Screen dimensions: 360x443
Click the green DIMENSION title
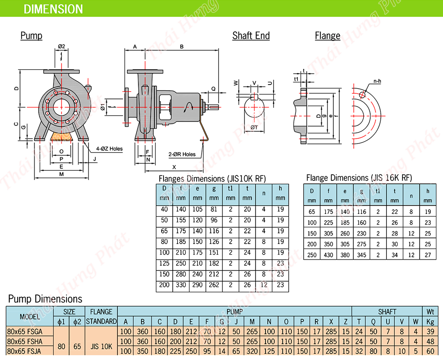[x=53, y=9]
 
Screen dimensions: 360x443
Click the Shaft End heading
[x=251, y=36]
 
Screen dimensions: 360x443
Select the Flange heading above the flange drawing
[x=327, y=36]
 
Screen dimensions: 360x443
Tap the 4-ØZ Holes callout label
[x=109, y=149]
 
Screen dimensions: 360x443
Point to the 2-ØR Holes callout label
[x=182, y=154]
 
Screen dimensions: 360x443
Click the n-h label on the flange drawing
[x=377, y=80]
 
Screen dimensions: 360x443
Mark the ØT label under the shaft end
[x=254, y=127]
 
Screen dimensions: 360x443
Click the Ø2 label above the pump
[x=61, y=46]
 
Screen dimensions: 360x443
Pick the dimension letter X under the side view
[x=174, y=167]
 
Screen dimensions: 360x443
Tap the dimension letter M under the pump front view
[x=61, y=174]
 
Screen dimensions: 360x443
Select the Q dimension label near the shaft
[x=214, y=89]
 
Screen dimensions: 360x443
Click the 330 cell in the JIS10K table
[x=181, y=285]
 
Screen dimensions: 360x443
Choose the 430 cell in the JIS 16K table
[x=328, y=255]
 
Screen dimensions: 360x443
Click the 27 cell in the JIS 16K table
[x=427, y=255]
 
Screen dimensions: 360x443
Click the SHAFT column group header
[x=387, y=312]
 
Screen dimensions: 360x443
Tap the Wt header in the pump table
[x=430, y=312]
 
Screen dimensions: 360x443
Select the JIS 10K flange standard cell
[x=101, y=346]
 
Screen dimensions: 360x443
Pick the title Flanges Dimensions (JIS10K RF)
[x=212, y=179]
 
